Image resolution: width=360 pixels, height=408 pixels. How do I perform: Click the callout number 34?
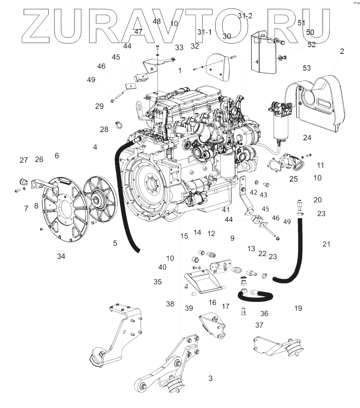pyautogui.click(x=61, y=256)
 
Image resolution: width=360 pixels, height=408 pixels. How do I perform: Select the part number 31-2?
pyautogui.click(x=245, y=16)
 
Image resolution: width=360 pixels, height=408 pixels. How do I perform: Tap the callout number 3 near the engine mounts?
pyautogui.click(x=210, y=379)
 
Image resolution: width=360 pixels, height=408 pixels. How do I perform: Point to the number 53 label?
pyautogui.click(x=307, y=68)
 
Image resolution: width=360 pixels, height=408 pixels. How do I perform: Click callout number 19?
pyautogui.click(x=298, y=308)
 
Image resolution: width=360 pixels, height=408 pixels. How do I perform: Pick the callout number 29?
pyautogui.click(x=99, y=107)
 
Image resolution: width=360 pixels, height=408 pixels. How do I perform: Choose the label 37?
pyautogui.click(x=259, y=325)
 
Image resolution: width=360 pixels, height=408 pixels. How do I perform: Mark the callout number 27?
pyautogui.click(x=24, y=160)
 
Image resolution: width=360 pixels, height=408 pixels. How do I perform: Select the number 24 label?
pyautogui.click(x=307, y=138)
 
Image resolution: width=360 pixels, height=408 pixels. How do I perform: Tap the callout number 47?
pyautogui.click(x=138, y=32)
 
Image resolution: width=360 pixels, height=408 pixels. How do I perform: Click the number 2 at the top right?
pyautogui.click(x=342, y=51)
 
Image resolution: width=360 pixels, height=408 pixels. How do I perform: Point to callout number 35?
pyautogui.click(x=158, y=282)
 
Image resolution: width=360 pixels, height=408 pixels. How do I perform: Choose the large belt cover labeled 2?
pyautogui.click(x=319, y=100)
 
